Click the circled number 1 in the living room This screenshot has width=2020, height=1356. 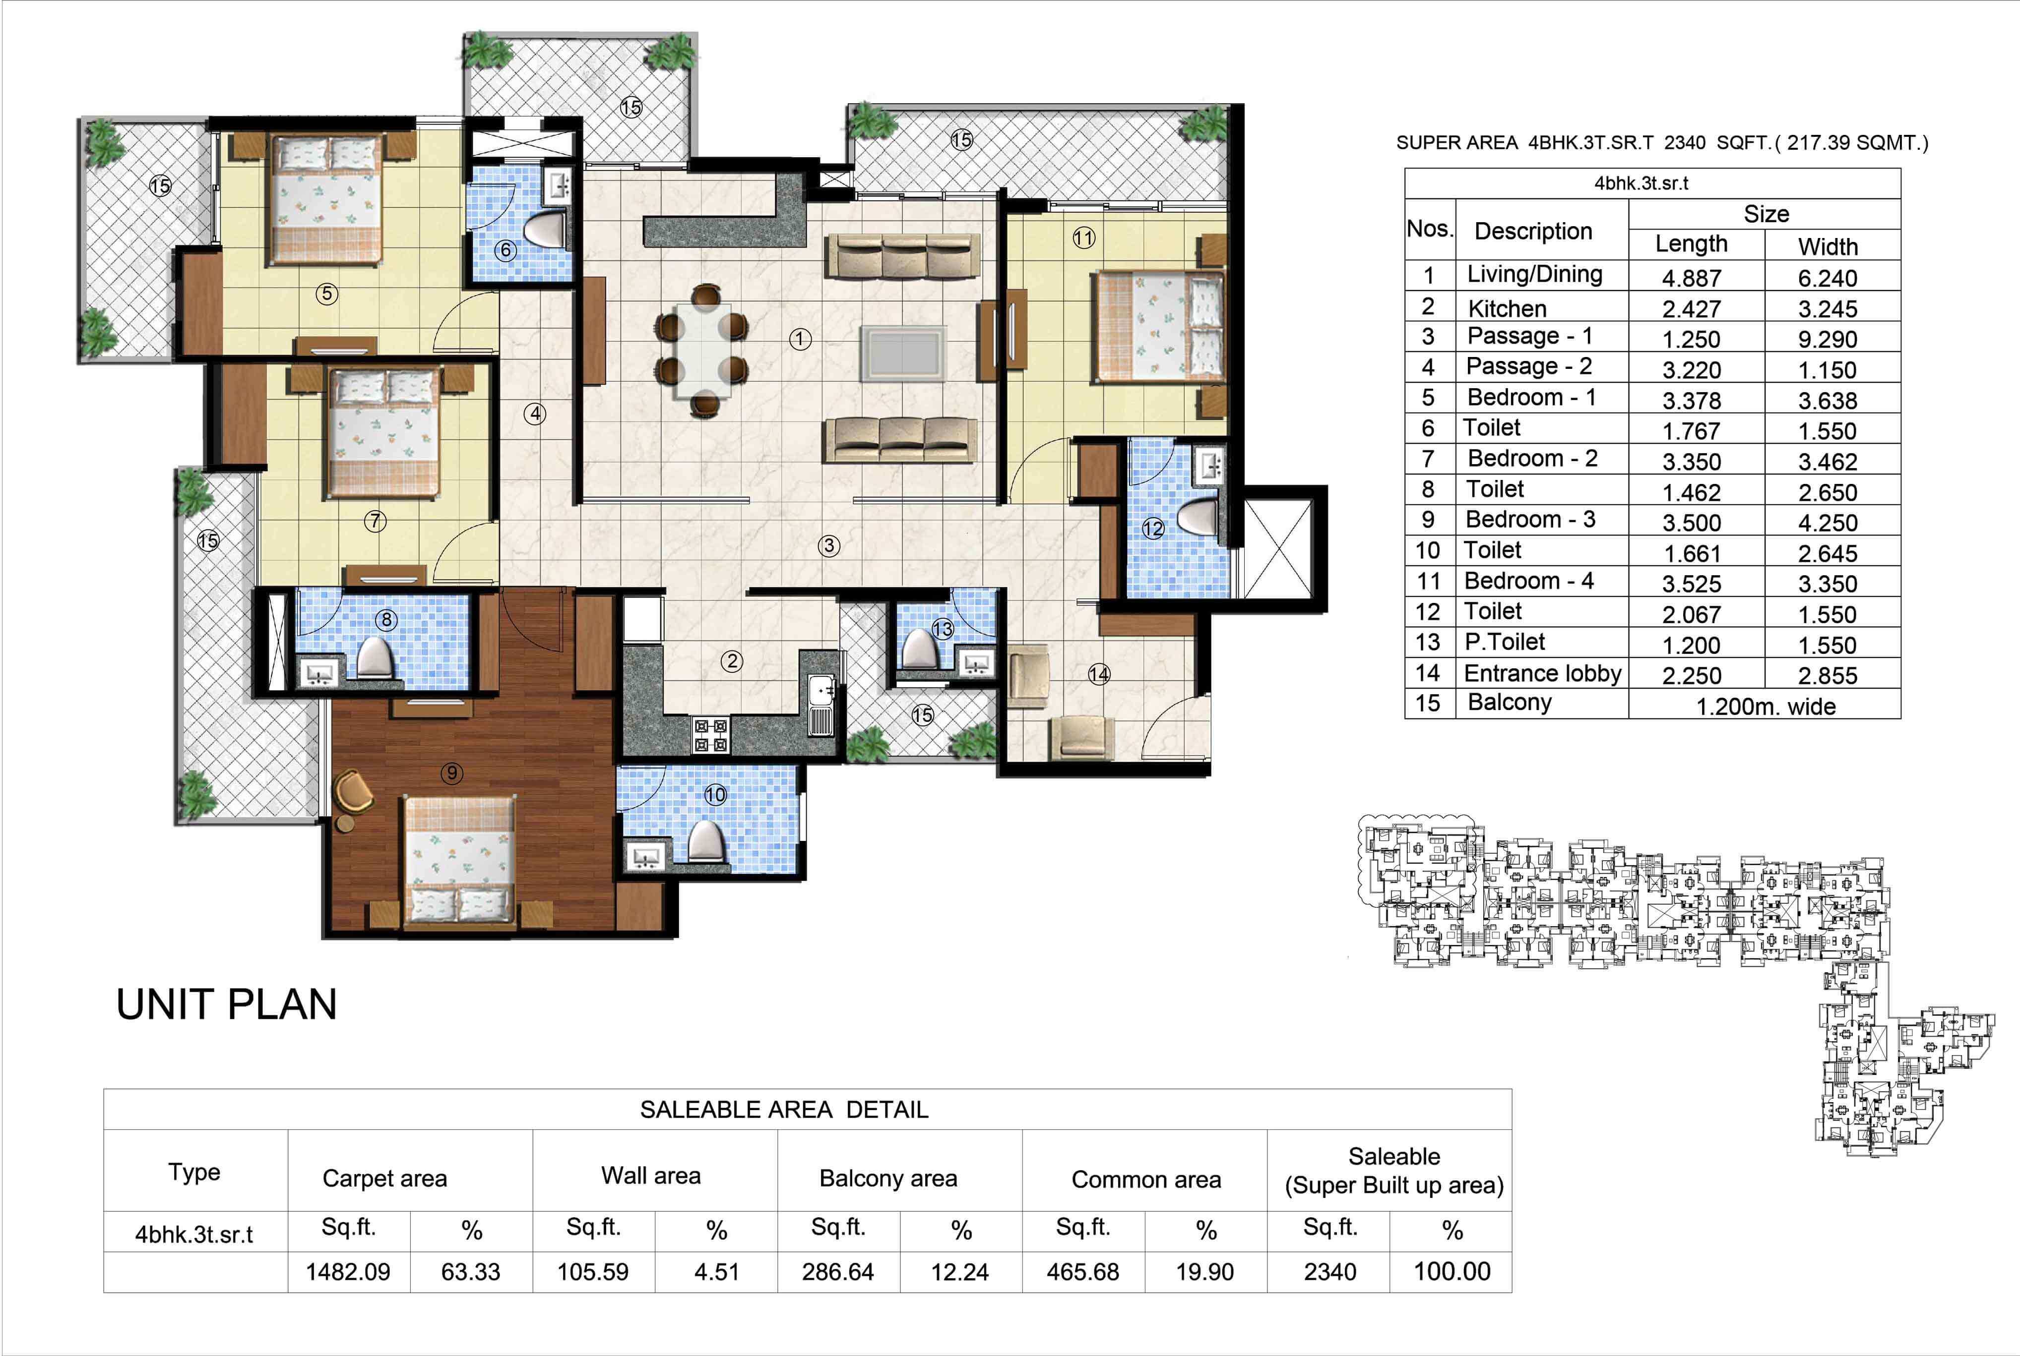click(x=800, y=340)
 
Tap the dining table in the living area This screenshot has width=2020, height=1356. click(x=701, y=348)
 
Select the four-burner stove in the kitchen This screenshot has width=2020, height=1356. click(x=711, y=736)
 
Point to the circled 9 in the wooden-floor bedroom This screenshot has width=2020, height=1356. click(x=451, y=773)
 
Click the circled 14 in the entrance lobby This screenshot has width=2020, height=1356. click(x=1099, y=674)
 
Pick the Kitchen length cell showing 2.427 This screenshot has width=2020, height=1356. click(x=1691, y=309)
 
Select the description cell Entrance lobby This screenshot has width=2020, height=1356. click(x=1542, y=673)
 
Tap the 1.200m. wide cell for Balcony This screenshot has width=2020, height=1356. click(x=1765, y=706)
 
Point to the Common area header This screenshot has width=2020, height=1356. click(x=1145, y=1179)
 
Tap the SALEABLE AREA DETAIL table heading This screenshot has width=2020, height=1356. click(x=784, y=1110)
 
